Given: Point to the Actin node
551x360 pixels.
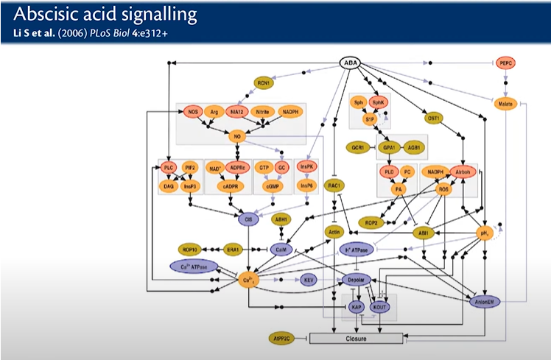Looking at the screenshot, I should (x=334, y=232).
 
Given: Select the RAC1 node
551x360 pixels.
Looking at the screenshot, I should (x=334, y=186).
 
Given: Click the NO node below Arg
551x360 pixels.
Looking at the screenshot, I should (x=237, y=136).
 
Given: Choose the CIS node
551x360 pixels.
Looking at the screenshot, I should (x=248, y=219).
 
